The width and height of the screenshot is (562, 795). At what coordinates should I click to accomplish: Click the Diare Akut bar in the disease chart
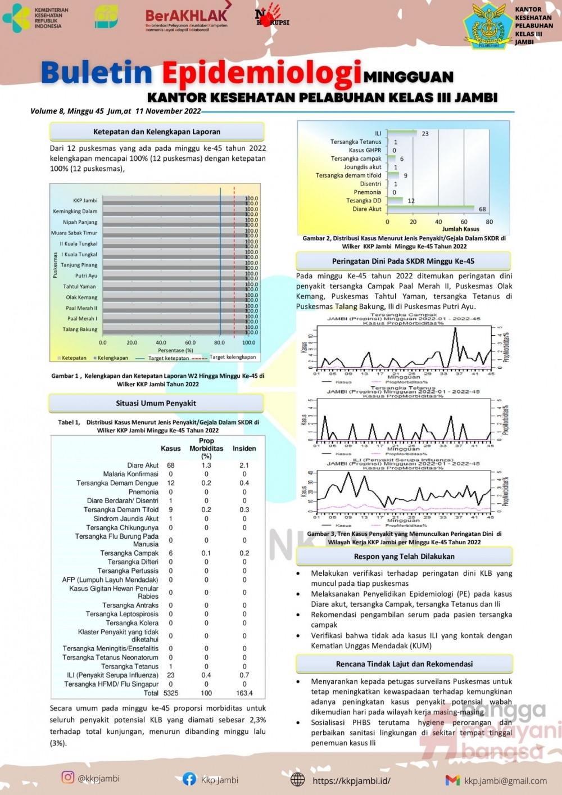tap(430, 209)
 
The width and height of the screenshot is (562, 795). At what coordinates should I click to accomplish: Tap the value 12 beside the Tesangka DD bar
tap(411, 201)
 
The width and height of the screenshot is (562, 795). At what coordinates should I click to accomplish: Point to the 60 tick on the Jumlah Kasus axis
tap(464, 222)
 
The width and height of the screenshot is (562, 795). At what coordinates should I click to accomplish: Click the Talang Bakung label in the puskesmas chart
tap(80, 329)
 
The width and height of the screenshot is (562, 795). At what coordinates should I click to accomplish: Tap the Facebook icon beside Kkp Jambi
tap(189, 779)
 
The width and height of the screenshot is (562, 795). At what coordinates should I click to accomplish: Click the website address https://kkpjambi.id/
tap(351, 780)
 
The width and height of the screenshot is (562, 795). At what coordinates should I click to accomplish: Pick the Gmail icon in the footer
tap(452, 780)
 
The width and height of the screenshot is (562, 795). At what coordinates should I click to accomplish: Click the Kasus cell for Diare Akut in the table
tap(171, 466)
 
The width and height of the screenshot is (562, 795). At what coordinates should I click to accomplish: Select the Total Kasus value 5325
tap(171, 693)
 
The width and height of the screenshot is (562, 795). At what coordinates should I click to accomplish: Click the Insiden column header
tap(244, 449)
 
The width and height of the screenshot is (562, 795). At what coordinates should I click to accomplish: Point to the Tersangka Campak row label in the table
tap(129, 553)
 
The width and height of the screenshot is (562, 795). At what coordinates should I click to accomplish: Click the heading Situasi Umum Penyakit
tap(156, 403)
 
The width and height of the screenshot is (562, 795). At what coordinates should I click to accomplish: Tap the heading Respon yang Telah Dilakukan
tap(404, 556)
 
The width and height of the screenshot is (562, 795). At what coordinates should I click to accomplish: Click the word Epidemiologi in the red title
tap(262, 74)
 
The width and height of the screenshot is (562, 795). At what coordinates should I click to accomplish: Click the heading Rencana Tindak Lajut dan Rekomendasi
tap(404, 664)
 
